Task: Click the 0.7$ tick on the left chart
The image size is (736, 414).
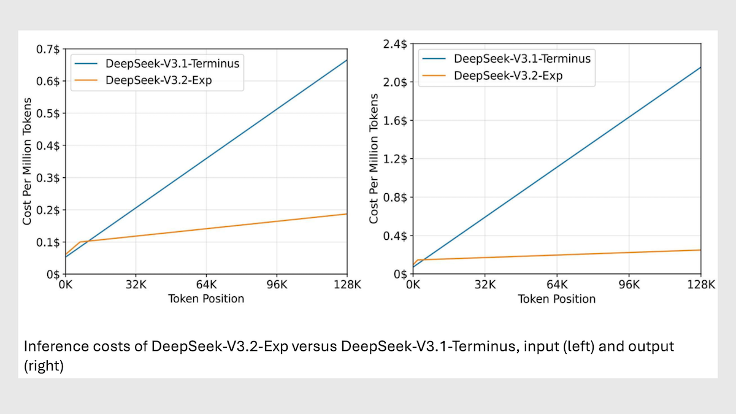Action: tap(49, 48)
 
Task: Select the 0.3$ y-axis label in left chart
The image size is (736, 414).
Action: tap(49, 178)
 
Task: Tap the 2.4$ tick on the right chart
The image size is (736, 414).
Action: tap(395, 44)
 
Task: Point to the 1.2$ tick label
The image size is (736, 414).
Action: tap(395, 159)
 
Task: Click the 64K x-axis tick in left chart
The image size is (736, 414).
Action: tap(206, 285)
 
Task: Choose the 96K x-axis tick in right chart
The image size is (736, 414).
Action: tap(629, 285)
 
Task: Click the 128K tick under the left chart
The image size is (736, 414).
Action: tap(347, 285)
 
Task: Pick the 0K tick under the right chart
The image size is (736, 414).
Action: tap(413, 285)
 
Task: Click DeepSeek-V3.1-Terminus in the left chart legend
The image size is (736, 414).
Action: tap(172, 63)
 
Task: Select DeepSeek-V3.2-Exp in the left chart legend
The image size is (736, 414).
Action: tap(159, 80)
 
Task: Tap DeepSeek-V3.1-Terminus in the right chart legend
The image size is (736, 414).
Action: tap(522, 59)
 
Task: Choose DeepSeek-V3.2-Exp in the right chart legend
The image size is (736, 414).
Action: tap(508, 75)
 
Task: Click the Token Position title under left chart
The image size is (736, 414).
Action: tap(206, 299)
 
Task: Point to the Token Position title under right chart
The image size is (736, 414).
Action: tap(557, 299)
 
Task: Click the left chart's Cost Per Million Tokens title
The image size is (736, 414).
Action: tap(28, 161)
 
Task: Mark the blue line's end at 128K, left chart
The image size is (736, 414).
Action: tap(347, 60)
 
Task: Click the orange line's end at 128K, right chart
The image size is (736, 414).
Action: tap(700, 250)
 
